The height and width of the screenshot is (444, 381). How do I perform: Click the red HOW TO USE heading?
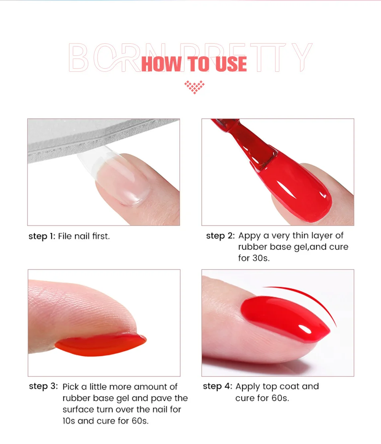194,64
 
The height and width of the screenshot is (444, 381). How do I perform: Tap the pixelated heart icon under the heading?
194,87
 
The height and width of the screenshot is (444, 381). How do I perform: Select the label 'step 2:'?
220,235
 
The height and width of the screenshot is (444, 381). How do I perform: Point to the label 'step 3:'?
43,386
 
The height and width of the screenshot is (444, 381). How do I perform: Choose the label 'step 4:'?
217,386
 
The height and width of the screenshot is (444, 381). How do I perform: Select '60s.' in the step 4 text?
280,398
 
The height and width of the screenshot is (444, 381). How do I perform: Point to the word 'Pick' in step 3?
71,387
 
